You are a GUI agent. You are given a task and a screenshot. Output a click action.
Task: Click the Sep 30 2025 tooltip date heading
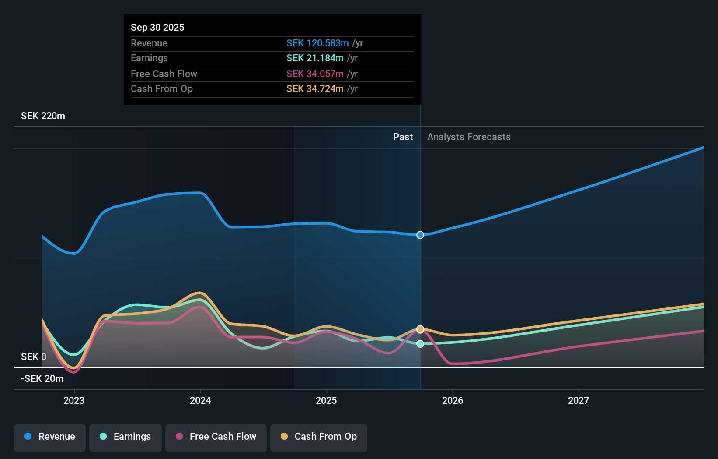tap(157, 27)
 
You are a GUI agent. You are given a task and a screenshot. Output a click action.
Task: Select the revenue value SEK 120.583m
tap(317, 43)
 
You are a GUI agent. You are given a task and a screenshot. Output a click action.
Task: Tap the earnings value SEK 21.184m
tap(315, 58)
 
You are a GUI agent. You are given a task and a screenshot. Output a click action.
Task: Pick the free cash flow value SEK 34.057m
tap(315, 74)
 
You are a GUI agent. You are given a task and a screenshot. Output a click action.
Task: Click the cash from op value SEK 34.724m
tap(315, 88)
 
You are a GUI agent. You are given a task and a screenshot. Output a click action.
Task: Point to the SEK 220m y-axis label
tap(43, 116)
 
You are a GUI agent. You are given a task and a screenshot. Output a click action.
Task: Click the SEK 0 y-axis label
tap(33, 357)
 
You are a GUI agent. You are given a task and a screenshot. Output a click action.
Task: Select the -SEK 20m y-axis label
tap(42, 378)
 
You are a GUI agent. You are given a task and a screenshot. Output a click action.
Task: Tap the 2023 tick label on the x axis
tap(74, 400)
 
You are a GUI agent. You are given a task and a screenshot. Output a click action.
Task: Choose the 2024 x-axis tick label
tap(200, 400)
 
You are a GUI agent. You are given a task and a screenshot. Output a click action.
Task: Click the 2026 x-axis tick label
tap(453, 400)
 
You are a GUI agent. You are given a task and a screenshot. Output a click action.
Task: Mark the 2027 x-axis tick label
tap(579, 400)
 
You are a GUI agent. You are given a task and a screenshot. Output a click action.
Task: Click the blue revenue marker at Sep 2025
tap(420, 235)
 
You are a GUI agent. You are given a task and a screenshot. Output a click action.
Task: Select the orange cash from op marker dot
tap(420, 329)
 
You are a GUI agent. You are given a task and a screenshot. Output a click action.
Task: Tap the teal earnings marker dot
tap(420, 344)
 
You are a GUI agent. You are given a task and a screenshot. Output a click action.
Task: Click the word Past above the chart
tap(403, 137)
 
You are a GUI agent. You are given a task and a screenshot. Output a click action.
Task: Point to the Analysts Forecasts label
tap(469, 137)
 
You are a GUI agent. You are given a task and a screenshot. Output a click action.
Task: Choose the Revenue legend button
tap(50, 437)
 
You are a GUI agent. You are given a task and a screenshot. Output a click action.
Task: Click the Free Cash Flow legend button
tap(216, 437)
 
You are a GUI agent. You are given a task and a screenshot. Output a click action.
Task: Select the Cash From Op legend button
tap(319, 437)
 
